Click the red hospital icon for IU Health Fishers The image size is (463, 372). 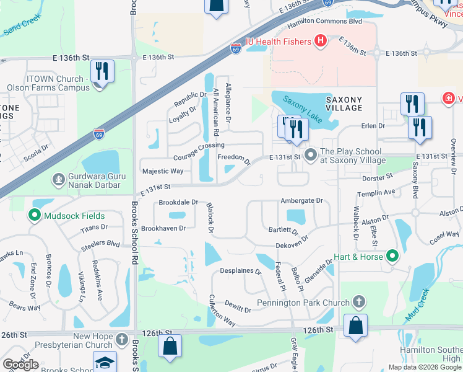pyautogui.click(x=321, y=42)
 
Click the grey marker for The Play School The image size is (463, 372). pyautogui.click(x=310, y=153)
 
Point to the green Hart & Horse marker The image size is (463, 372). pyautogui.click(x=392, y=255)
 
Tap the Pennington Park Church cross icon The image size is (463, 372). pyautogui.click(x=358, y=303)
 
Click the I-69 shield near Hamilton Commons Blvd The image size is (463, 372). pyautogui.click(x=236, y=47)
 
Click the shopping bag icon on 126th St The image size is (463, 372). pyautogui.click(x=355, y=325)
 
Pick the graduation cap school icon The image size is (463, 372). pyautogui.click(x=105, y=361)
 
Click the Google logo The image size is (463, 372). pyautogui.click(x=21, y=365)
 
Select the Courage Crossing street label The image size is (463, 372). pyautogui.click(x=199, y=151)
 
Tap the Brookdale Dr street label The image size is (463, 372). pyautogui.click(x=178, y=202)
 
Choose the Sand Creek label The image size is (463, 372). pyautogui.click(x=22, y=28)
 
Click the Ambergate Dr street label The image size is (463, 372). pyautogui.click(x=301, y=201)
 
